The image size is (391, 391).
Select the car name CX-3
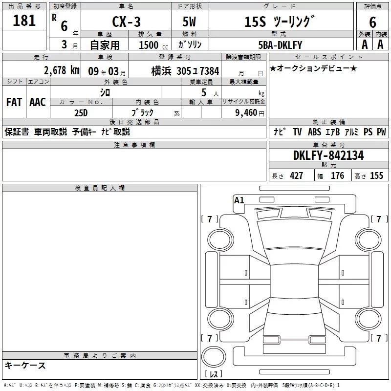(126, 22)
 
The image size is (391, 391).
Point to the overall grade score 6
(372, 22)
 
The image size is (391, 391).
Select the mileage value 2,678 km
(61, 70)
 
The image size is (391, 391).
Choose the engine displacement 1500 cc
(149, 45)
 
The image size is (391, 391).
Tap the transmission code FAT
(14, 102)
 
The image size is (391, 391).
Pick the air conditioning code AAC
(37, 102)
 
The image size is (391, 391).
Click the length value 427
(296, 176)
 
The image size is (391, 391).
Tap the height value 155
(376, 176)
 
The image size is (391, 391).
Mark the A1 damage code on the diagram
(239, 200)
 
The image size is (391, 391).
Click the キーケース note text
(25, 365)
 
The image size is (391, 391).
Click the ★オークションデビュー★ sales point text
(313, 68)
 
